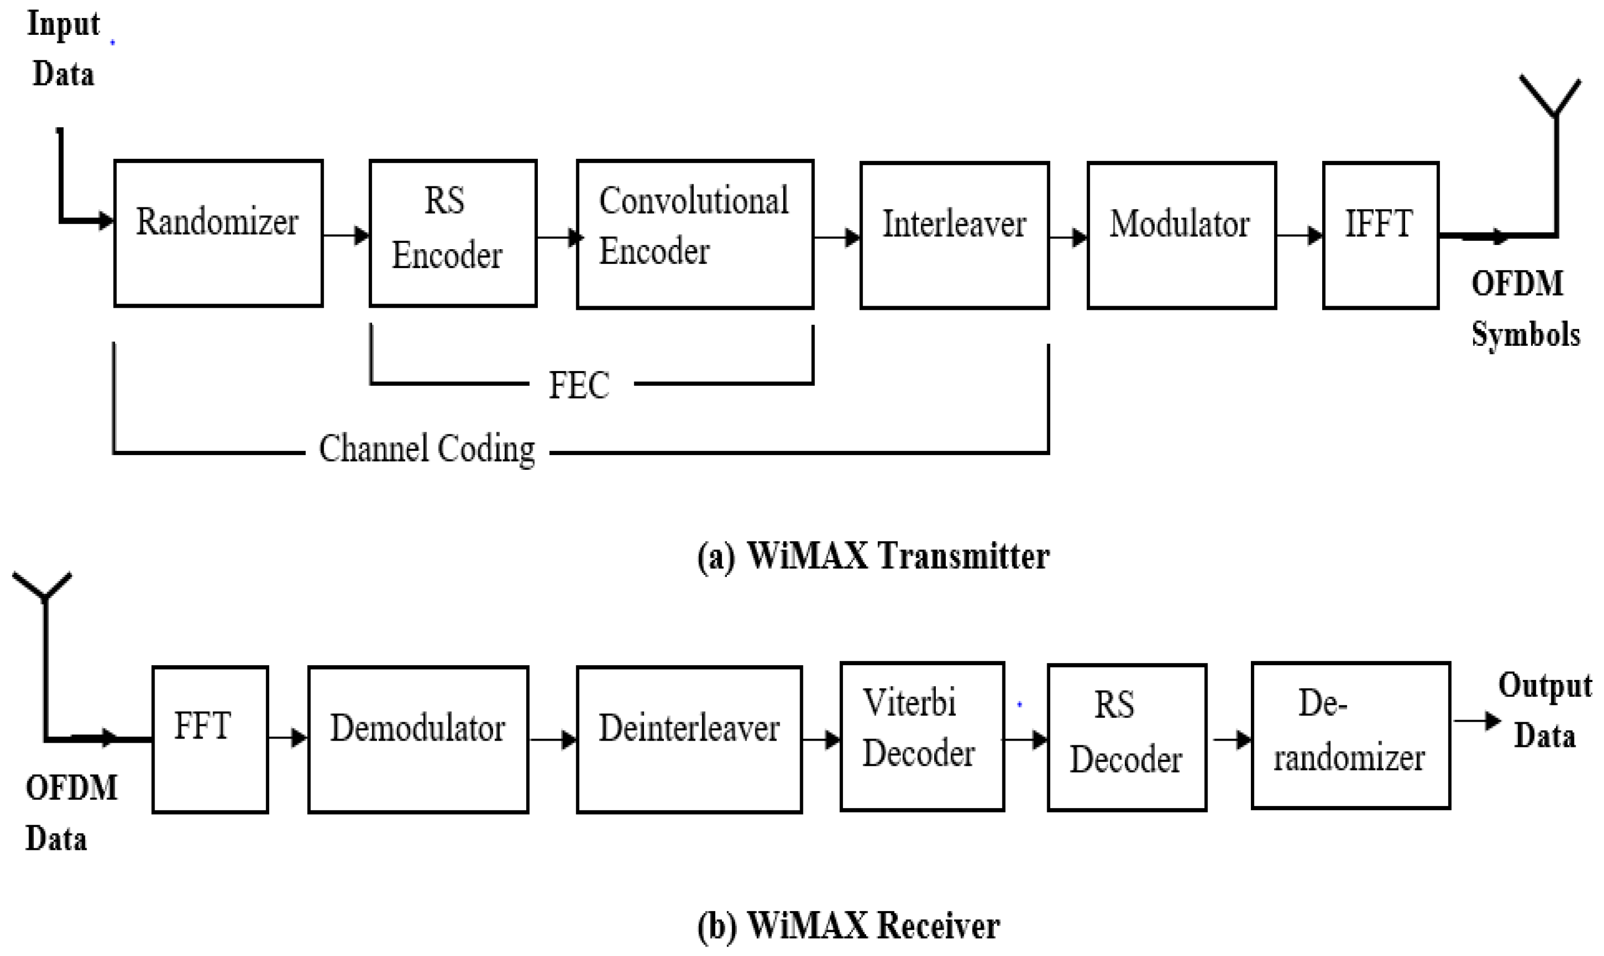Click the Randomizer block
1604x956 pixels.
pos(219,233)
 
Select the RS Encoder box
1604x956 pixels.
pos(453,233)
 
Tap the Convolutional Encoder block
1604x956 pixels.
pos(695,234)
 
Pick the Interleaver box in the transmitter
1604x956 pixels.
pos(954,235)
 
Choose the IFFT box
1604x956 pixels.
pos(1380,235)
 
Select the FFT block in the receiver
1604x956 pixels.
pos(210,739)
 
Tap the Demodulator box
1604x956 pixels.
pos(418,740)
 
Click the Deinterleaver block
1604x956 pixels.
pos(689,740)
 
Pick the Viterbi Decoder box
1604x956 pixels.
pos(922,736)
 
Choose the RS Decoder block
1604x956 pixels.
pos(1126,737)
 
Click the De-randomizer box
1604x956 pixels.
pos(1350,735)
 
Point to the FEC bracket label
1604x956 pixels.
pos(579,385)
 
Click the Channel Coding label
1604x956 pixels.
pos(427,449)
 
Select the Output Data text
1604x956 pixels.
pos(1544,711)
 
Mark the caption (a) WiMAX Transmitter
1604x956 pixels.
pos(873,556)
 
